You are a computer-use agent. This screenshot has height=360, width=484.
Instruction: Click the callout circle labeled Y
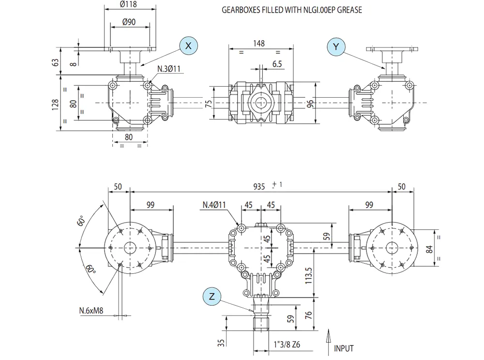pyautogui.click(x=336, y=46)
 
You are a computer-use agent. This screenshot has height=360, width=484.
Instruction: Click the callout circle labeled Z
pyautogui.click(x=212, y=295)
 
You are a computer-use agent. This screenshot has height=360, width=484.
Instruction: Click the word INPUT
pyautogui.click(x=344, y=348)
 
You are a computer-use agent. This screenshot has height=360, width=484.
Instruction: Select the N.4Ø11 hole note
pyautogui.click(x=214, y=205)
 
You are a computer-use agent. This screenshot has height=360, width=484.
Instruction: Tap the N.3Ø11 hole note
pyautogui.click(x=168, y=69)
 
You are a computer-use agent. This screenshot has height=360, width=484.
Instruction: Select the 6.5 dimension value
pyautogui.click(x=278, y=64)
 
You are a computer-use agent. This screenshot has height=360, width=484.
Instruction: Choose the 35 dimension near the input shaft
pyautogui.click(x=221, y=342)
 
